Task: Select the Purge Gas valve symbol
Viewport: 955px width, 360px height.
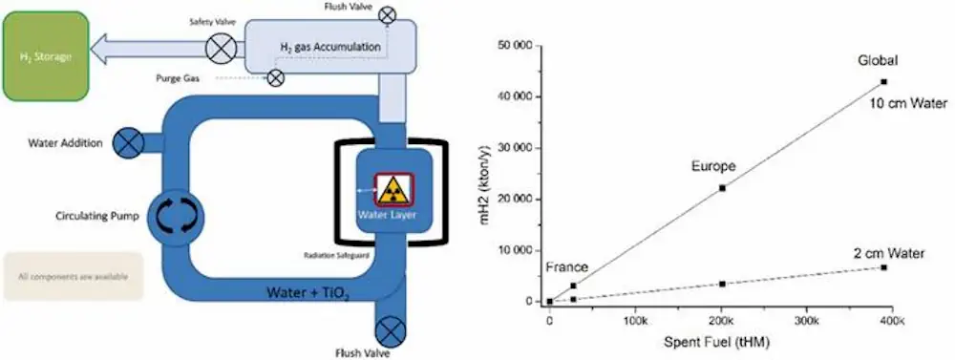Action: tap(275, 78)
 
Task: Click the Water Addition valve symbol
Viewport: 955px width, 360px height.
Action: tap(126, 143)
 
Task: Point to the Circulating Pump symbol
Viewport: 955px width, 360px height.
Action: tap(176, 216)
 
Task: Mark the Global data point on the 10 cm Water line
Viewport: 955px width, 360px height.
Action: tap(883, 82)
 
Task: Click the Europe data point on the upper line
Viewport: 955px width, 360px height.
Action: tap(722, 188)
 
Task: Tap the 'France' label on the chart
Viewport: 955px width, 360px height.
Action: tap(567, 267)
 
